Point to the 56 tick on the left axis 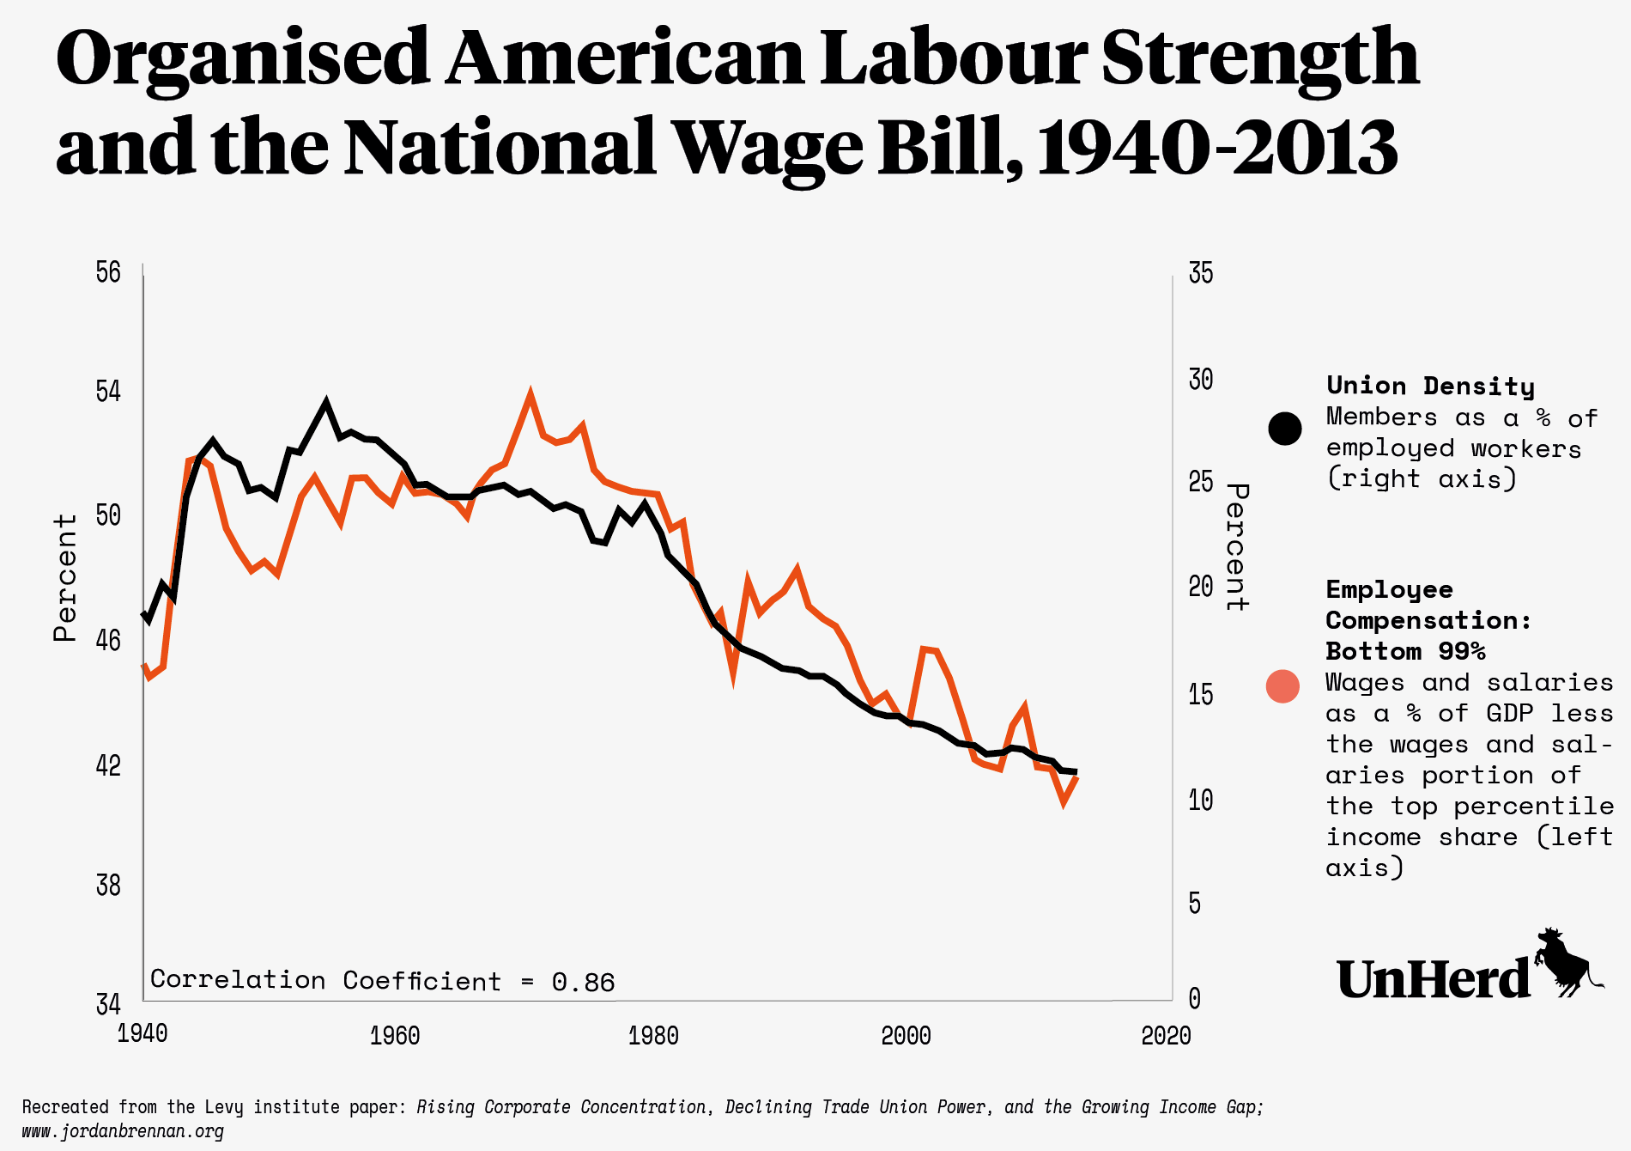108,272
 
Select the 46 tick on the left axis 108,641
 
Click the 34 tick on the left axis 108,1003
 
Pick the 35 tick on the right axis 1201,273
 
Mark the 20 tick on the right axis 1201,587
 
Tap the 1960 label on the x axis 395,1036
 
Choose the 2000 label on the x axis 906,1036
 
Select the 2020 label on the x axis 1166,1036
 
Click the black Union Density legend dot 1285,428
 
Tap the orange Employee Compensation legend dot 1282,685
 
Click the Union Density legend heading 1430,386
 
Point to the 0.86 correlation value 583,982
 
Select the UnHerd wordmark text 1434,979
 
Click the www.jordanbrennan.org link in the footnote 123,1131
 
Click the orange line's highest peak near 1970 531,395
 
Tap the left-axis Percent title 65,577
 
